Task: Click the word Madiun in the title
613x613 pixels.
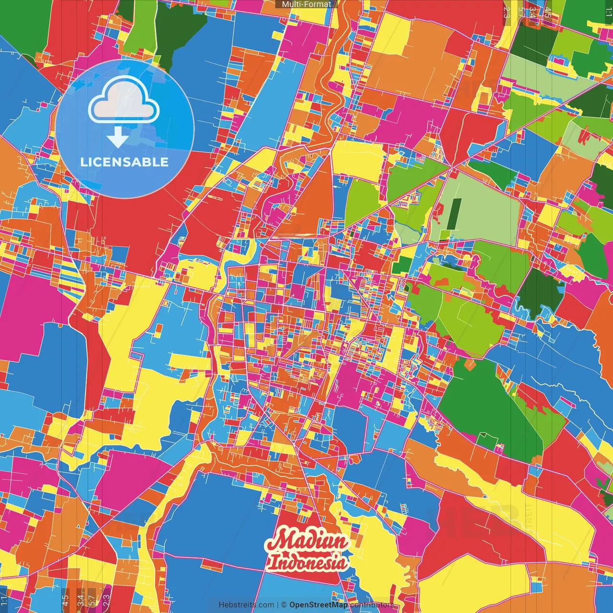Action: click(307, 541)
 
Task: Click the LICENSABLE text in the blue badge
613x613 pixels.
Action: click(125, 162)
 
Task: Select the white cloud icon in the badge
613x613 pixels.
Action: click(124, 101)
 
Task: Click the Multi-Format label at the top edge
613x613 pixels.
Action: click(306, 4)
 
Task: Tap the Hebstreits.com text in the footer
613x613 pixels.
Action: click(246, 605)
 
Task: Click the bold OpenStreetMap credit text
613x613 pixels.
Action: click(318, 605)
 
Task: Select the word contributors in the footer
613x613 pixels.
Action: click(372, 605)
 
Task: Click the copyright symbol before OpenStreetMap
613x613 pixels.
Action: click(284, 605)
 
